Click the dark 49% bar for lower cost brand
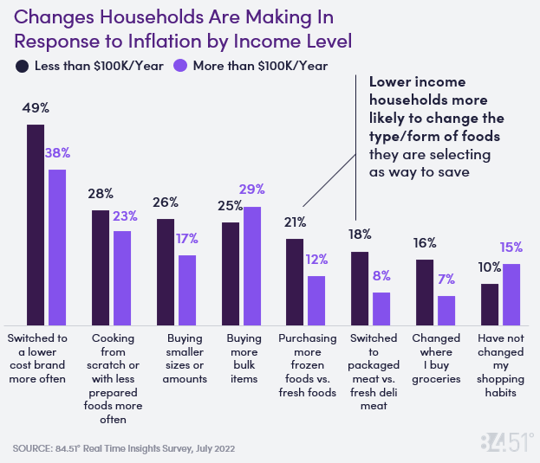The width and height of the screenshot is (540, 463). tap(36, 223)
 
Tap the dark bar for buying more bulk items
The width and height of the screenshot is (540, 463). tap(231, 272)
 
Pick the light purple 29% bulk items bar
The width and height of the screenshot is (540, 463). tap(252, 264)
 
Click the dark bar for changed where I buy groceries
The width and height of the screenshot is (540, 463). tap(424, 290)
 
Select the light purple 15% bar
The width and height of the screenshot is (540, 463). tap(512, 293)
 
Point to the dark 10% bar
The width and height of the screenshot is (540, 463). tap(490, 302)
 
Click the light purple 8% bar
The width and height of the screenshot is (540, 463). tap(381, 306)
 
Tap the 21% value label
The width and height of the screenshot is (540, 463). tap(295, 222)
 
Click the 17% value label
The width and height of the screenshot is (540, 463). tap(187, 238)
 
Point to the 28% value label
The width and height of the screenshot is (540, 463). tap(101, 193)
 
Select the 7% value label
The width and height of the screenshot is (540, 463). tap(446, 280)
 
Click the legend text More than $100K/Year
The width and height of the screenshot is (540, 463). tap(260, 66)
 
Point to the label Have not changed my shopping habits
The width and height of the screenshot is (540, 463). tap(501, 365)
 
